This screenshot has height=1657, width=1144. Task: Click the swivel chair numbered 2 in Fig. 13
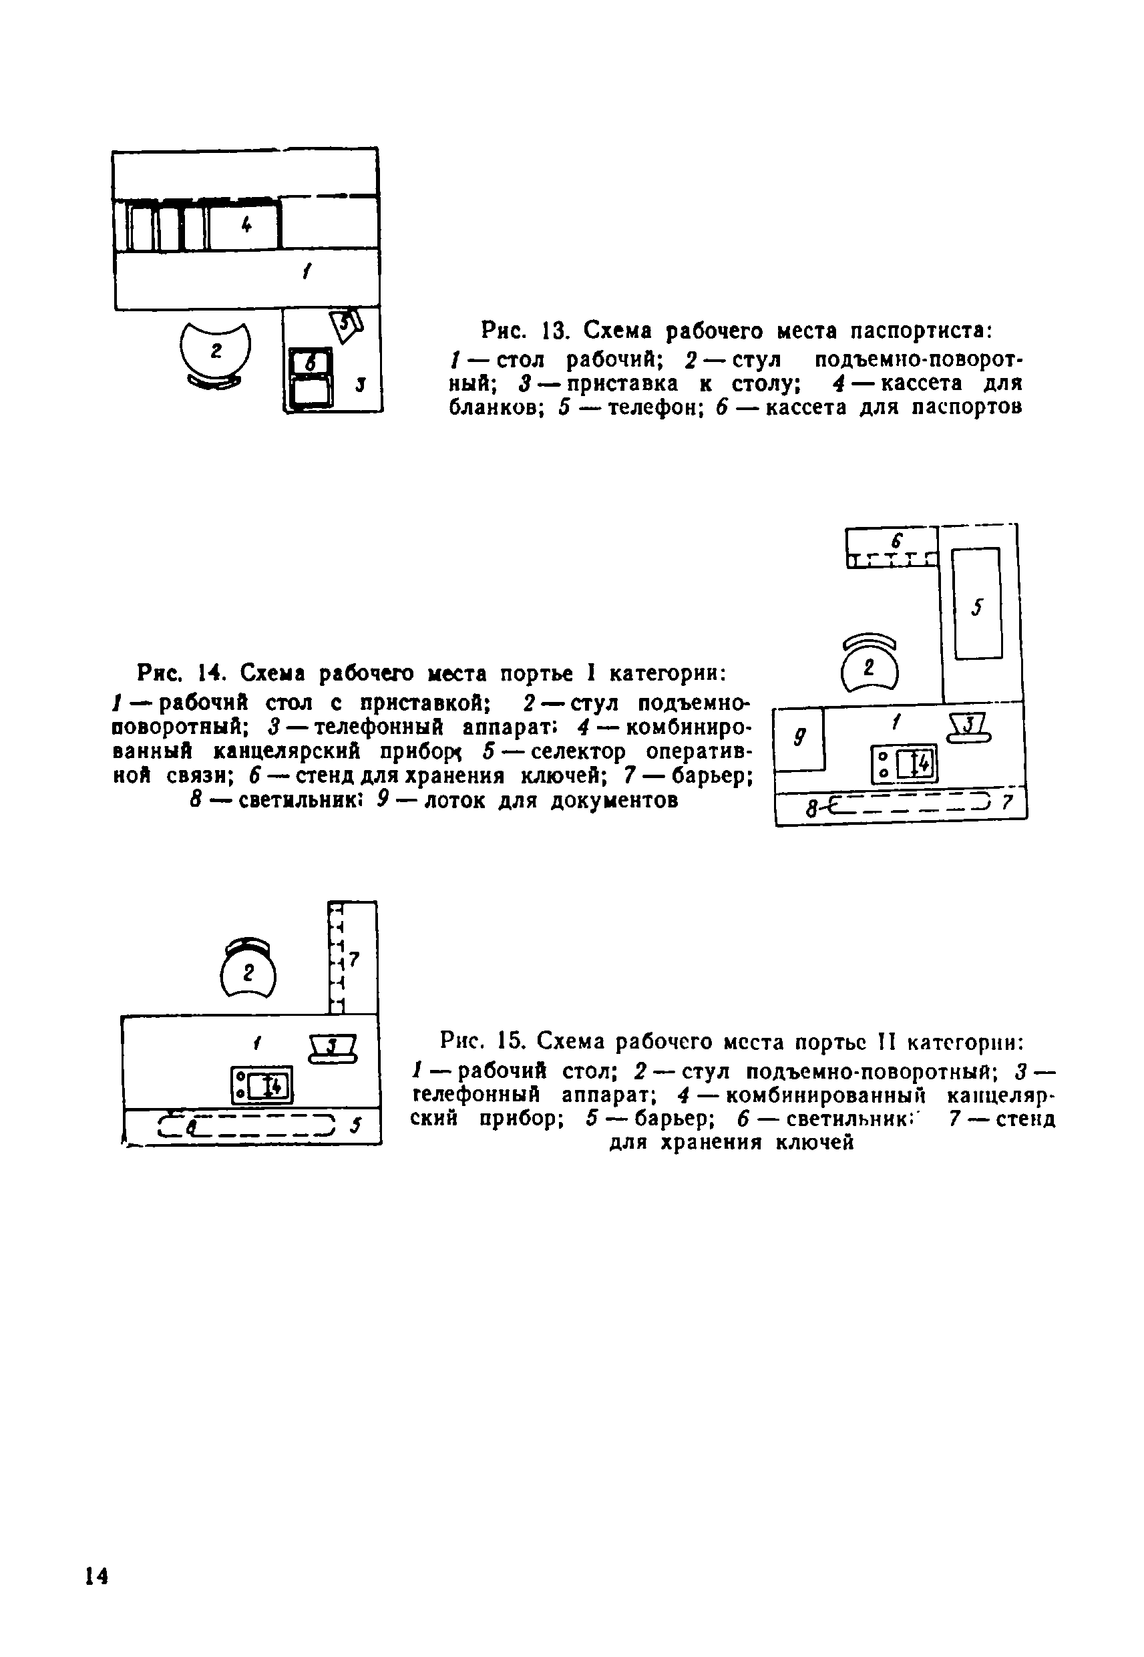[215, 352]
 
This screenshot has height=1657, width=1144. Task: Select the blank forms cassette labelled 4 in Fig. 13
[243, 226]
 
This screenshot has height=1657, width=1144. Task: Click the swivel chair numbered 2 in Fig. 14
[869, 665]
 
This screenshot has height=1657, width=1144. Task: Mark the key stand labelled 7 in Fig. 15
[353, 958]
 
